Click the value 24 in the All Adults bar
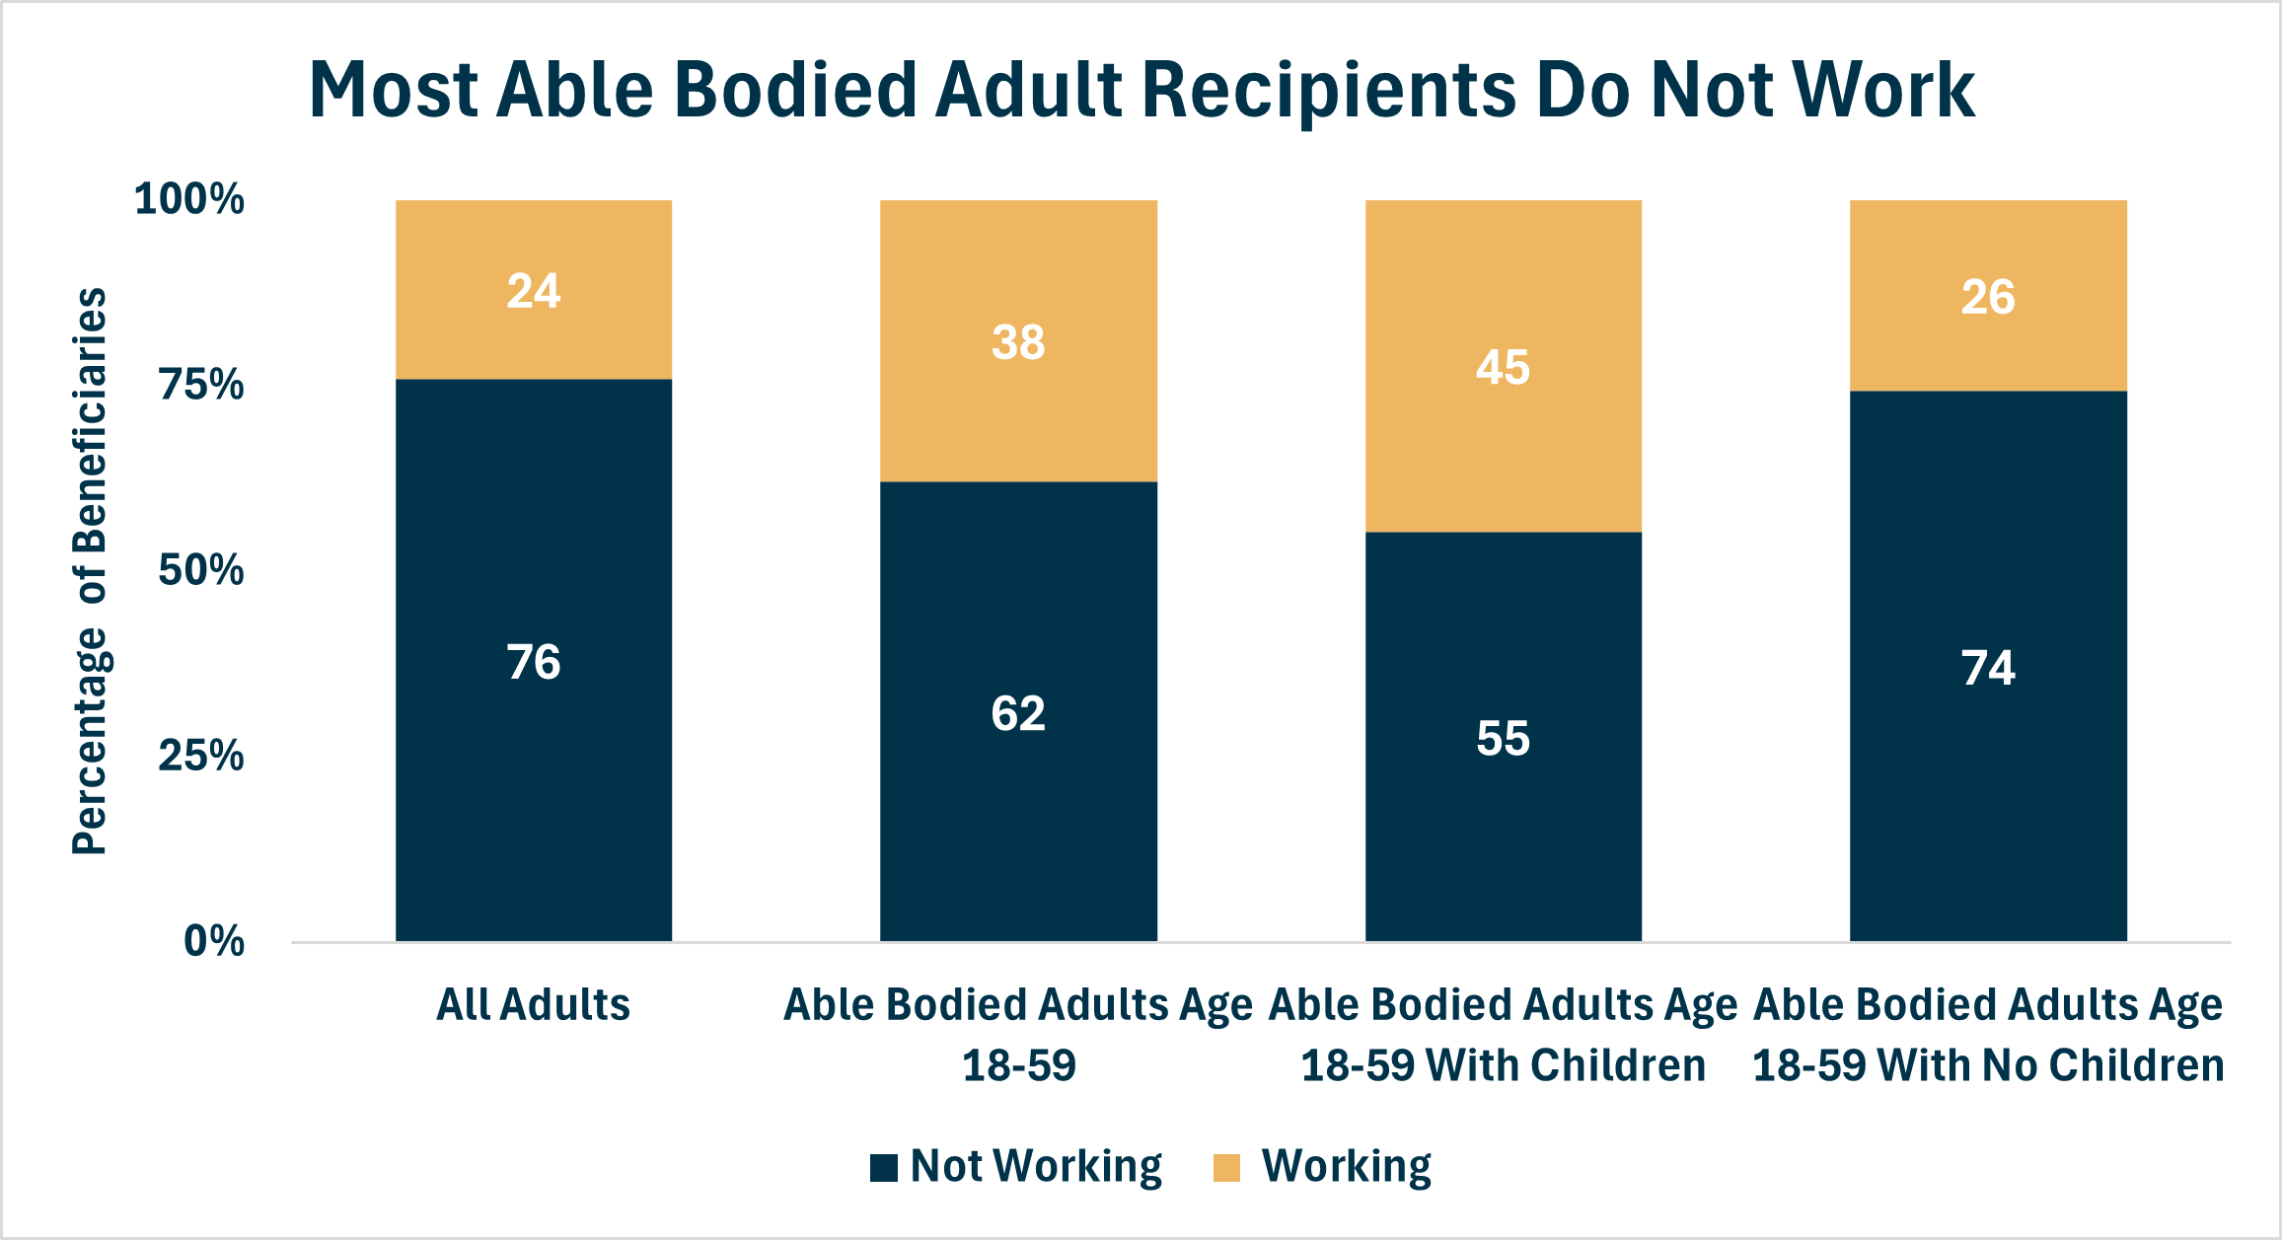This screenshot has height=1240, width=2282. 534,292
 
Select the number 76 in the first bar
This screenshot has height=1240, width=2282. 534,662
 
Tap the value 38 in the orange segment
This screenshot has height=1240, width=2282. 1018,343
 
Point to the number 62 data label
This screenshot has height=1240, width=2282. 1018,714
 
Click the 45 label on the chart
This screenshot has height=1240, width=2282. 1503,368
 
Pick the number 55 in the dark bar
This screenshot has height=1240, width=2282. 1503,739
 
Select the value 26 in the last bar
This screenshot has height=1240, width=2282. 1988,298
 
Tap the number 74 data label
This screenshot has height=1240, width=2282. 1988,669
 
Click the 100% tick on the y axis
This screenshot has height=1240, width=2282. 189,200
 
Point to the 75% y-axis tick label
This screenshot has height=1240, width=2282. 201,385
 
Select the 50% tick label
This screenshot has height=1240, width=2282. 201,570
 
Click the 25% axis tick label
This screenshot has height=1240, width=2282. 201,757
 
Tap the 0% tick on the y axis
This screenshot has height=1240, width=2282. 214,941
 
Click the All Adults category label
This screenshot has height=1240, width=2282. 534,1005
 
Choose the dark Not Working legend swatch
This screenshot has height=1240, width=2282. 884,1167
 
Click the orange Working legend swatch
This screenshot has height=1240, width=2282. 1226,1167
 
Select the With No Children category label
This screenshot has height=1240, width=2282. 1988,1036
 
